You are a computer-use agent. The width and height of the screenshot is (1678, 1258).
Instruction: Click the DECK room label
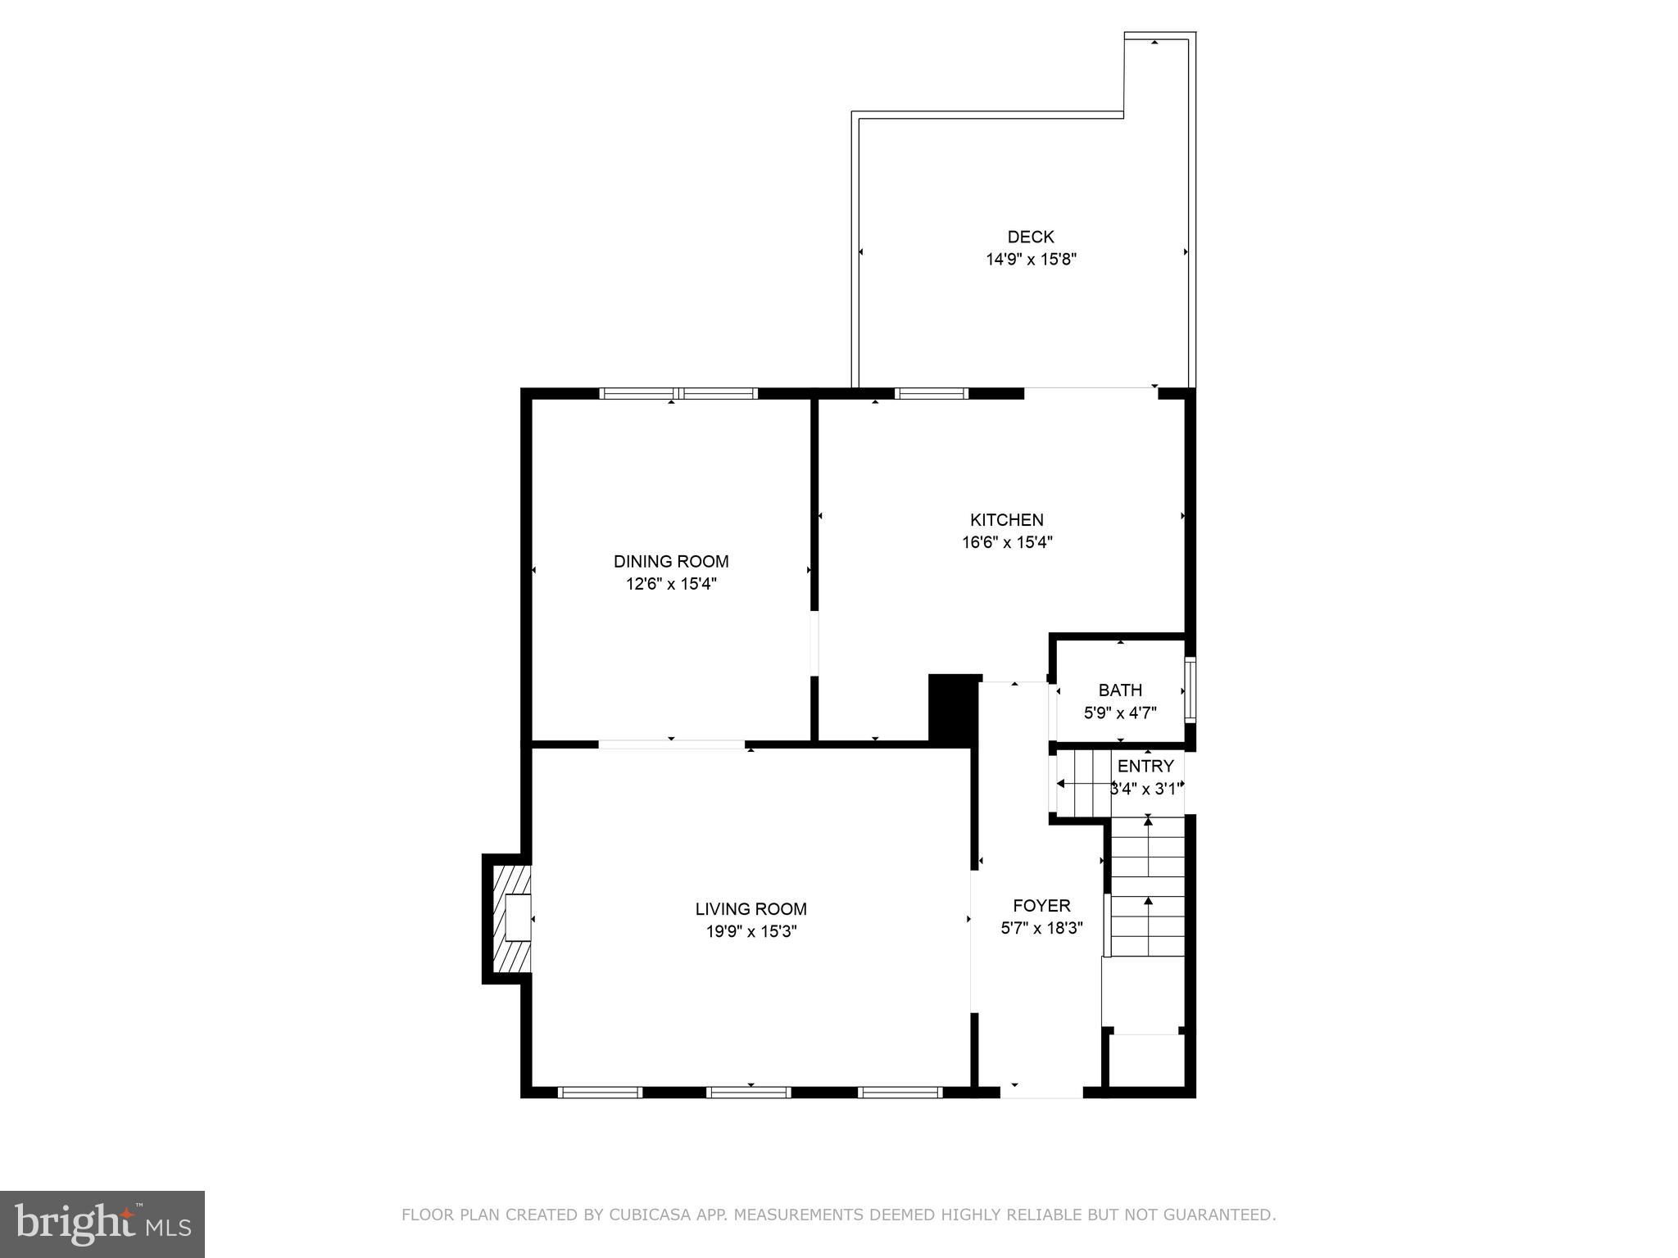(x=1030, y=237)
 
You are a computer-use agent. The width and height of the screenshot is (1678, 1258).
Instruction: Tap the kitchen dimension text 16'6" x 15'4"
(x=1006, y=542)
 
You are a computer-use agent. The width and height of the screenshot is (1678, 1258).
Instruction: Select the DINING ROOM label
(x=670, y=561)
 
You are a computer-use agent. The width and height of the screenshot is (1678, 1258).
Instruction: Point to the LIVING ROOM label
(x=751, y=908)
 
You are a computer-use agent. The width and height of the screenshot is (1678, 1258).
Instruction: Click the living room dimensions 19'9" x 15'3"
(x=751, y=931)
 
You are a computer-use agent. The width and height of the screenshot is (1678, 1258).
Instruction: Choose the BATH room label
(x=1119, y=690)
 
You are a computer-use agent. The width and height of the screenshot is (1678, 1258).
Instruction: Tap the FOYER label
(x=1041, y=905)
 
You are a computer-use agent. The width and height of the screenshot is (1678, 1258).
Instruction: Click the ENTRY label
(x=1145, y=766)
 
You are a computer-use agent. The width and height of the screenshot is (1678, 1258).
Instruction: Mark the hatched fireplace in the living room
(x=506, y=918)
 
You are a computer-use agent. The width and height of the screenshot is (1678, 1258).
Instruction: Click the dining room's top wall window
(x=678, y=394)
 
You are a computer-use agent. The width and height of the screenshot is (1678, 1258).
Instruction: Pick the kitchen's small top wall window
(x=931, y=394)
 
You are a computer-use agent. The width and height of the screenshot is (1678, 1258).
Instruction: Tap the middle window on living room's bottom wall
(x=748, y=1092)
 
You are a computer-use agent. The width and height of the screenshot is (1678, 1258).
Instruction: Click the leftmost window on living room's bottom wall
(x=600, y=1092)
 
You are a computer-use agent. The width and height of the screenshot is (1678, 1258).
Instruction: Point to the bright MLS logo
(x=102, y=1224)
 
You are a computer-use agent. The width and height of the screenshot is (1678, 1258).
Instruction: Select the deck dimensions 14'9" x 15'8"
(x=1030, y=260)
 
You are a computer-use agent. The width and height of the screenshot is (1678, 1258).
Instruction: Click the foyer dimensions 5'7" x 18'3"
(x=1041, y=928)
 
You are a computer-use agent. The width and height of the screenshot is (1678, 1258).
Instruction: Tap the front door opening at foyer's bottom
(x=1041, y=1092)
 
